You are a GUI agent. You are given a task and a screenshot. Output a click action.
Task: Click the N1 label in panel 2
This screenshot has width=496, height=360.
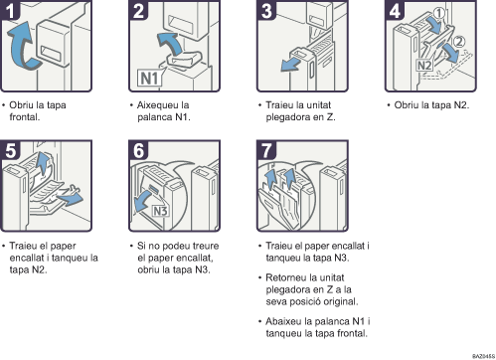[x=146, y=75]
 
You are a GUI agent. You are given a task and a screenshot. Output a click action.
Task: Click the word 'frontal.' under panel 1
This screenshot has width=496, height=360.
[x=27, y=115]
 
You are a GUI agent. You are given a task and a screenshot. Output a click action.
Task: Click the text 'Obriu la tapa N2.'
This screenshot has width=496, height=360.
[x=428, y=103]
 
